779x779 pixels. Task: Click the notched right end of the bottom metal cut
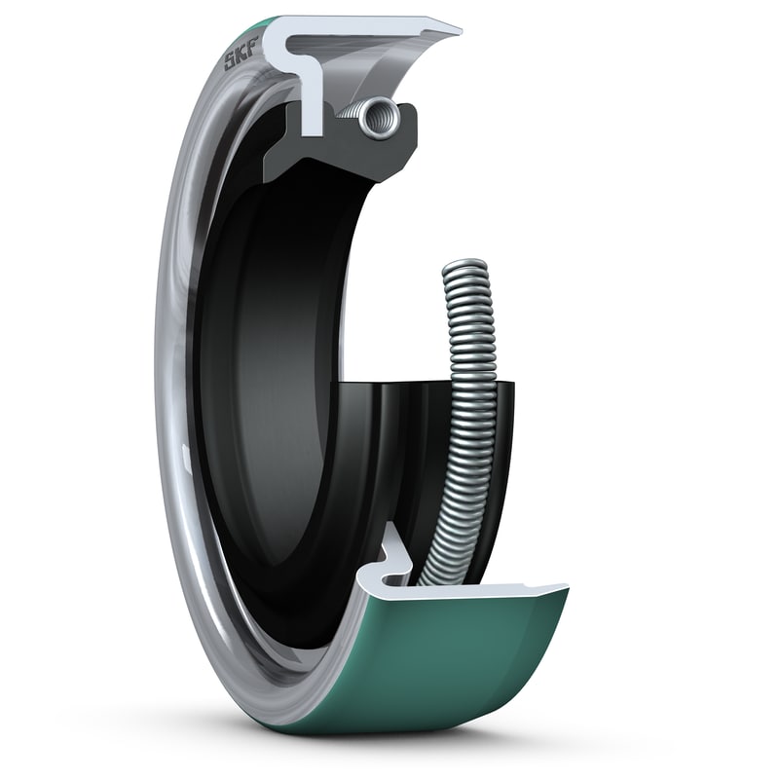[x=561, y=588]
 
